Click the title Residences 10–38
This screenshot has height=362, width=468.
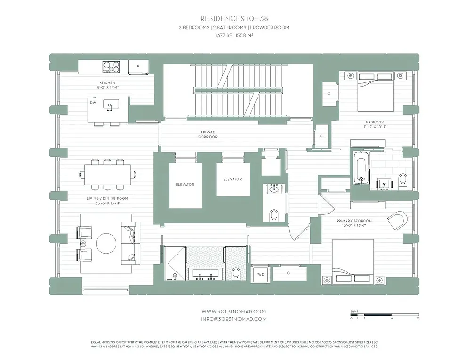tap(234, 19)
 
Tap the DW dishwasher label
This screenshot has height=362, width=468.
tap(93, 102)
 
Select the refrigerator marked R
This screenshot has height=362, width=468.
tap(138, 67)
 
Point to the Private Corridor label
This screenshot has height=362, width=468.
tap(208, 135)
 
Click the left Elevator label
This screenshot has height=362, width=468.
tap(185, 184)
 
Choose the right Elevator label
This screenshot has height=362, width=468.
tap(233, 179)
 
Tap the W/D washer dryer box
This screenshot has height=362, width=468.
tap(260, 274)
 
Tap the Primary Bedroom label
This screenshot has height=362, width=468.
tap(354, 221)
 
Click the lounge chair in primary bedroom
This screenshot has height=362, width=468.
tap(397, 221)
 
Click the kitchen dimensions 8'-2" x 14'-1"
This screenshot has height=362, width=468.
tap(107, 87)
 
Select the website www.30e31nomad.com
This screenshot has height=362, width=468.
tap(234, 311)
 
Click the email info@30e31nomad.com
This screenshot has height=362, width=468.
tap(234, 319)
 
